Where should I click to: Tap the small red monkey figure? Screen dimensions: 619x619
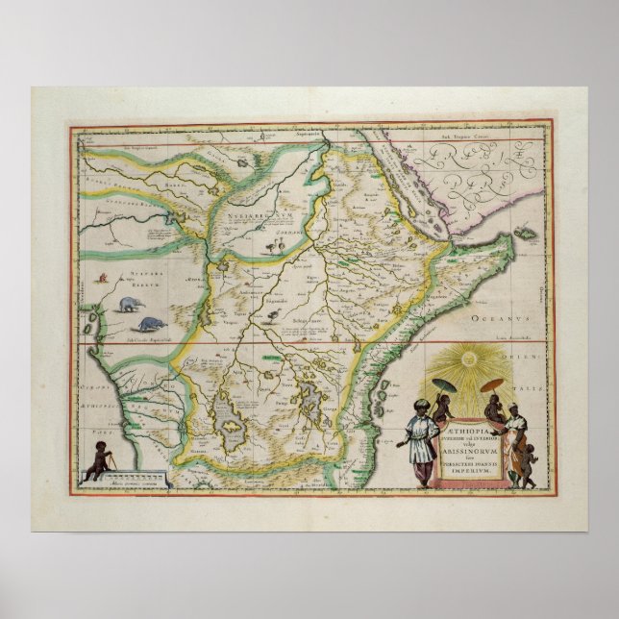(x=101, y=279)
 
